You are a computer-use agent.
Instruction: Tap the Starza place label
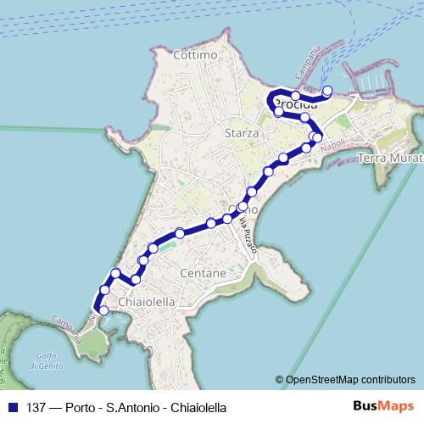[242, 133]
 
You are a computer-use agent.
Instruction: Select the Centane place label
[204, 274]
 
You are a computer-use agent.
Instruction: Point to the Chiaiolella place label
[148, 302]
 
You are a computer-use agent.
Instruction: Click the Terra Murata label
[391, 159]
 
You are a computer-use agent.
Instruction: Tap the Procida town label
[296, 104]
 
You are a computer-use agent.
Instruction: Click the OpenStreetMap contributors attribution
[345, 380]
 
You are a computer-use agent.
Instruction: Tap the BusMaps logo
[382, 406]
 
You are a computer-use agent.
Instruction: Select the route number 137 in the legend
[36, 407]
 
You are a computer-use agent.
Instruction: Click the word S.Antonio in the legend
[128, 407]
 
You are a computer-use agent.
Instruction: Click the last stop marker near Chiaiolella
[103, 310]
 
